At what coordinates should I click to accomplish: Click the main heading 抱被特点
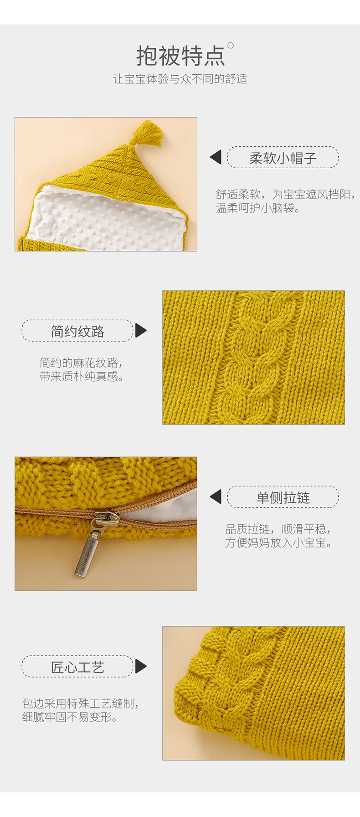click(x=180, y=57)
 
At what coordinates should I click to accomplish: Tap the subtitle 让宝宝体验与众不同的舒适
click(x=180, y=79)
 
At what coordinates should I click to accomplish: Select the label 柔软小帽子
click(x=283, y=158)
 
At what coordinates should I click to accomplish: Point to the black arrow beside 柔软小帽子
click(x=216, y=157)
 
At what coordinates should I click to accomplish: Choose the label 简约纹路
click(x=77, y=331)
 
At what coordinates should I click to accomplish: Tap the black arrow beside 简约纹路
click(x=140, y=331)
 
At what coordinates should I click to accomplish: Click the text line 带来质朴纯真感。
click(x=82, y=377)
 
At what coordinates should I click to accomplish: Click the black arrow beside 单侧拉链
click(x=216, y=497)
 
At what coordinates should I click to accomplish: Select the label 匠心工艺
click(x=77, y=667)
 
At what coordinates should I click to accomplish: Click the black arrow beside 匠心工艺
click(x=140, y=667)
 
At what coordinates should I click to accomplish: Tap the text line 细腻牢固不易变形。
click(x=71, y=717)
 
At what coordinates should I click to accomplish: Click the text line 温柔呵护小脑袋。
click(x=258, y=208)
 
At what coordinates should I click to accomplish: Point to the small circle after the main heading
click(x=231, y=46)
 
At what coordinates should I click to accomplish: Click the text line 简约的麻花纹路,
click(x=82, y=363)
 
